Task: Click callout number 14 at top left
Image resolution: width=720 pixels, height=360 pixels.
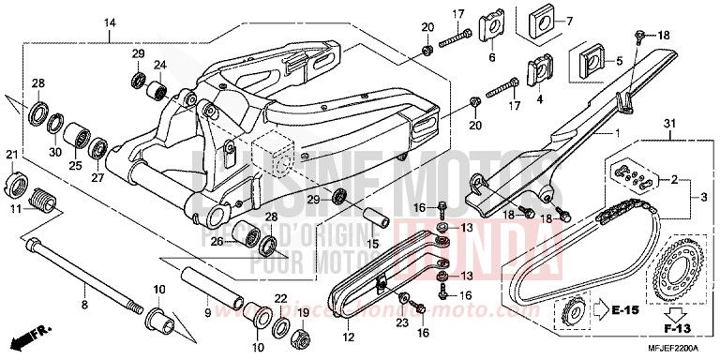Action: point(110,22)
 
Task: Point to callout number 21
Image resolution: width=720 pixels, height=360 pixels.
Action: point(13,155)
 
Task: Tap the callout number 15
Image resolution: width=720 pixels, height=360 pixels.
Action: point(370,246)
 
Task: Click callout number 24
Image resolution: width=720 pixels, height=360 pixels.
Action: point(160,65)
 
